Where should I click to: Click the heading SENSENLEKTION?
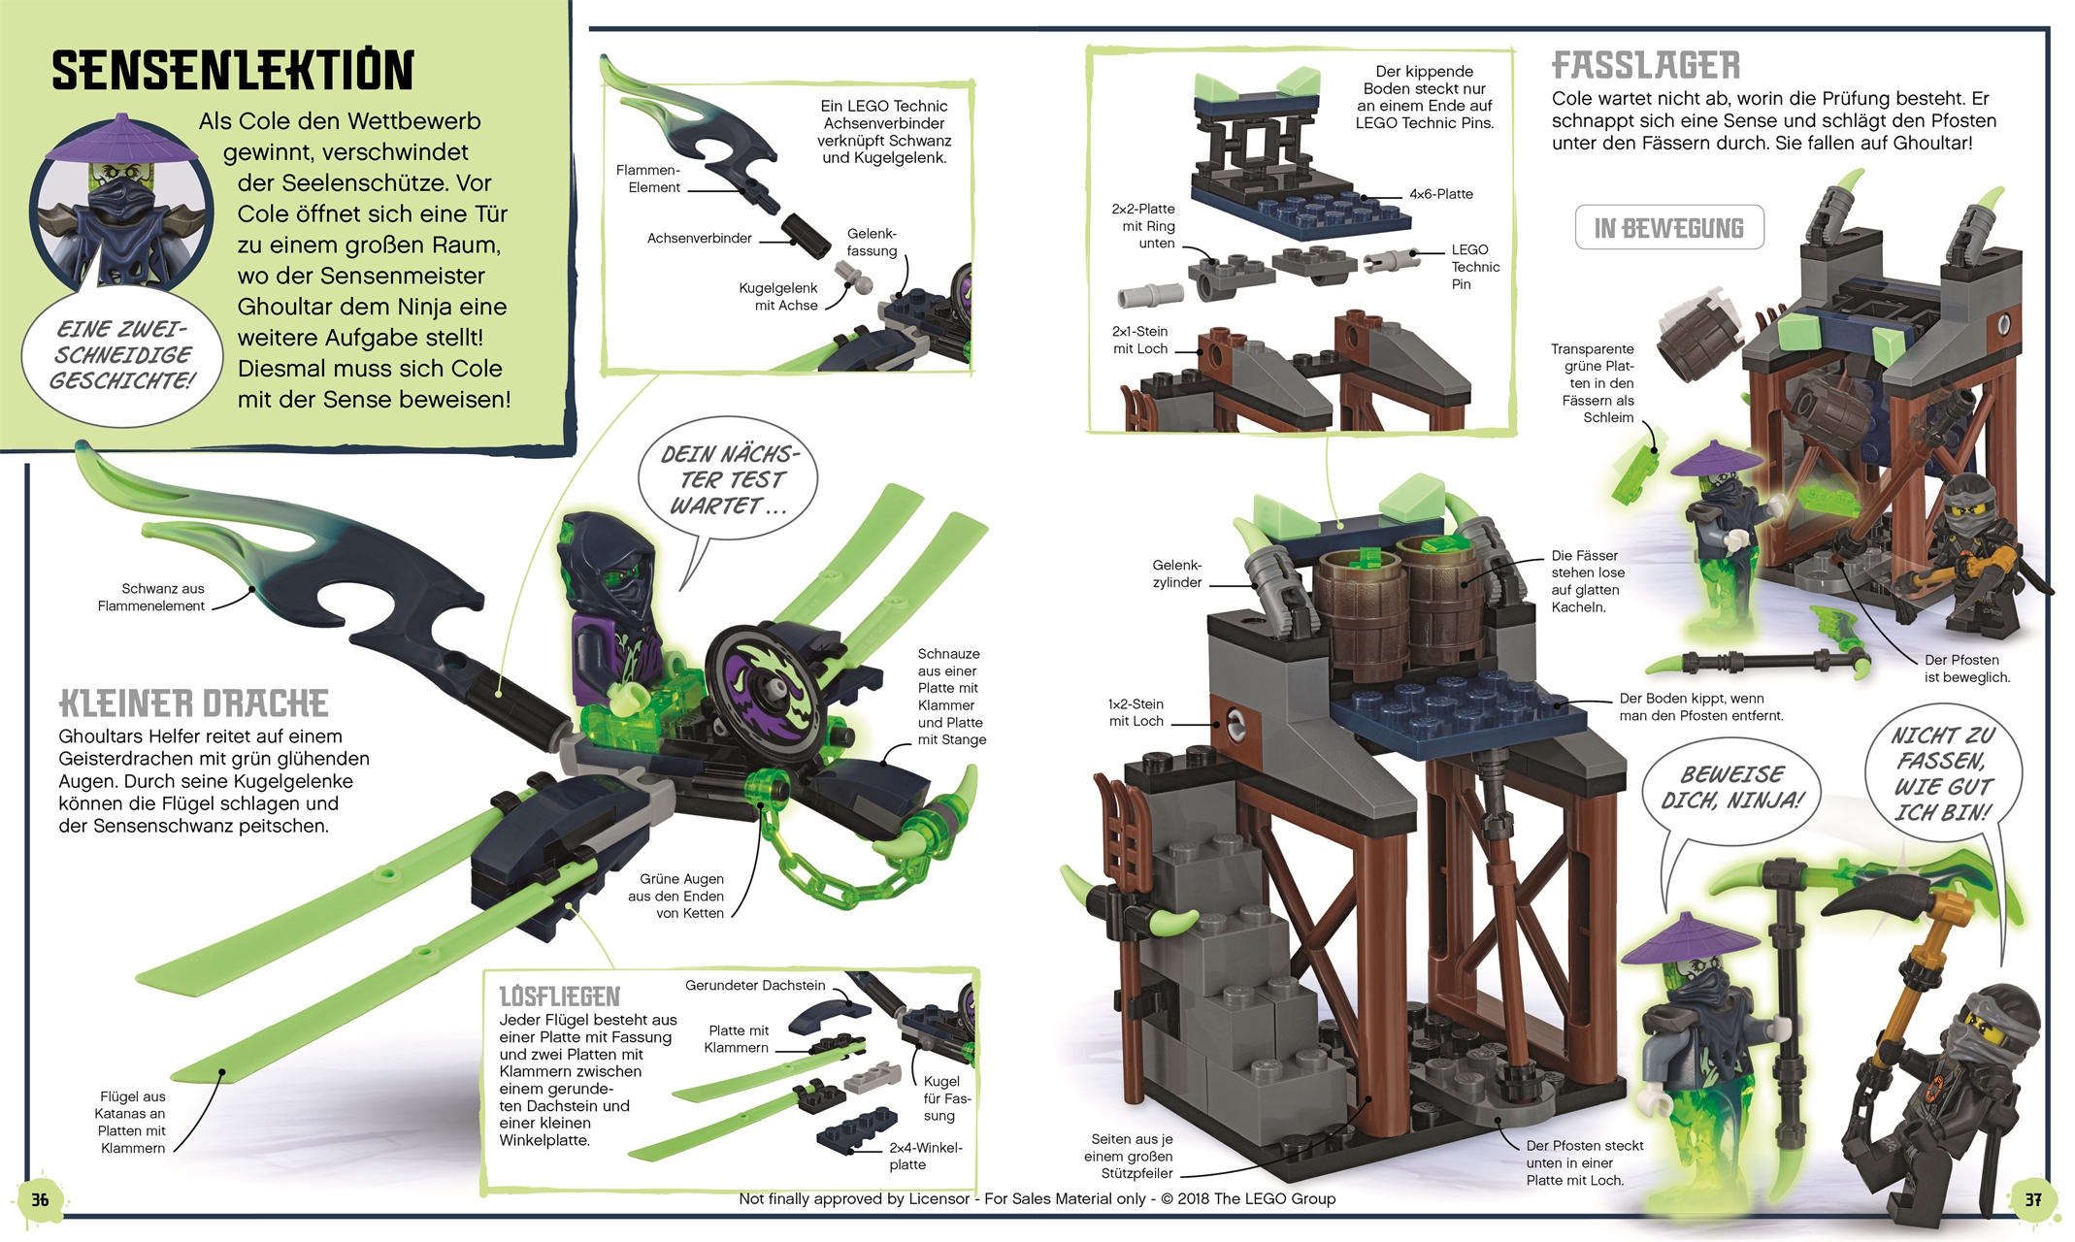(233, 71)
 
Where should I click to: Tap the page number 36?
(40, 1200)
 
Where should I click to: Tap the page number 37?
(2033, 1200)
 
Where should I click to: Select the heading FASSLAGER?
(1646, 66)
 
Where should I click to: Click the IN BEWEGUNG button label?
(1669, 228)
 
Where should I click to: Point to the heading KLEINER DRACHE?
(194, 703)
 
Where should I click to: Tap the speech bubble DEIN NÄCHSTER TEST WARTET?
(728, 479)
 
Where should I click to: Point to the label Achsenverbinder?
(699, 239)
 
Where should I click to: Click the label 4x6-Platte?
(1440, 194)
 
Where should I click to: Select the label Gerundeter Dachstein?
(755, 986)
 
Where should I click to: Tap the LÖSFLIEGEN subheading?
(559, 997)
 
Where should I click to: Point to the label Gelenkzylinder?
(1176, 573)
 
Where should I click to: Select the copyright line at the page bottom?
(1037, 1199)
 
